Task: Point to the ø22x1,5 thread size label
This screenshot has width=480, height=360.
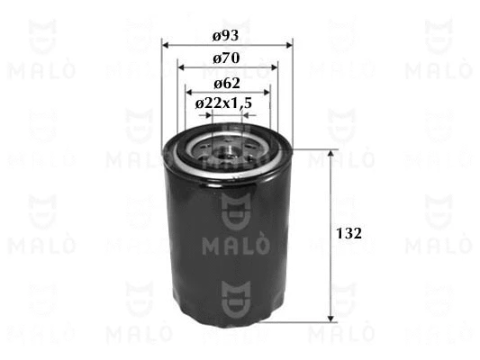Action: click(x=222, y=104)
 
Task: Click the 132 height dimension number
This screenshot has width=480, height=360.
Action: click(x=349, y=233)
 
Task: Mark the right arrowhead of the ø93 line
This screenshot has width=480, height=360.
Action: click(x=289, y=44)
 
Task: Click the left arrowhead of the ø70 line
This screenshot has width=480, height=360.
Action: click(x=181, y=67)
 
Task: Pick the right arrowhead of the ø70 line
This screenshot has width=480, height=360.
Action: click(x=273, y=67)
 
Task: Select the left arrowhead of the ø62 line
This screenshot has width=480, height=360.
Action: click(x=191, y=91)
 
